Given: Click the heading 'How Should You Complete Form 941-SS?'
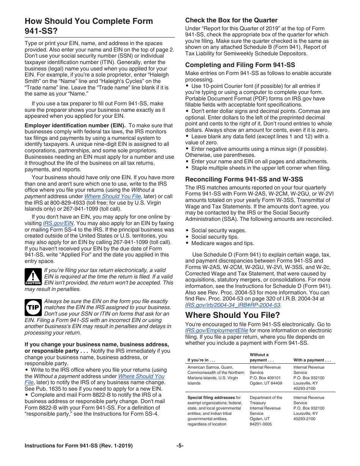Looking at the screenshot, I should (89, 26).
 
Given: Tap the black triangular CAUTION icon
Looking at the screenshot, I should (33, 277).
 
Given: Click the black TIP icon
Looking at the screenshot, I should (33, 308).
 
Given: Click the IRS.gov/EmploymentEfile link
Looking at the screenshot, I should (216, 330).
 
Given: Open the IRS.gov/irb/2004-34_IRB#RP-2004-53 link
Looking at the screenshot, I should (233, 305).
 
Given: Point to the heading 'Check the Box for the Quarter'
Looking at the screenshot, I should (231, 20).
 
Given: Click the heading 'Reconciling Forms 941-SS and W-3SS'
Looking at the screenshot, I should (244, 179).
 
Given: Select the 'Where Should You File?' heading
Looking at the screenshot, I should (233, 315).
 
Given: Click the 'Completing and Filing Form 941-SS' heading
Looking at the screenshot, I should (240, 65).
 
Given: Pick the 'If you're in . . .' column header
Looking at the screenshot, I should (201, 360).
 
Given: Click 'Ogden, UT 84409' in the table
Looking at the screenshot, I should (266, 383).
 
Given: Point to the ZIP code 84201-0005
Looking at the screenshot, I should (260, 424).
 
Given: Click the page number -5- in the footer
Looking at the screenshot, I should (180, 446).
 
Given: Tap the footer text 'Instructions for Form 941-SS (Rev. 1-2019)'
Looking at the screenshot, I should (78, 446).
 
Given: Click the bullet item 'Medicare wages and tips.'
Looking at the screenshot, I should (222, 243).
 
